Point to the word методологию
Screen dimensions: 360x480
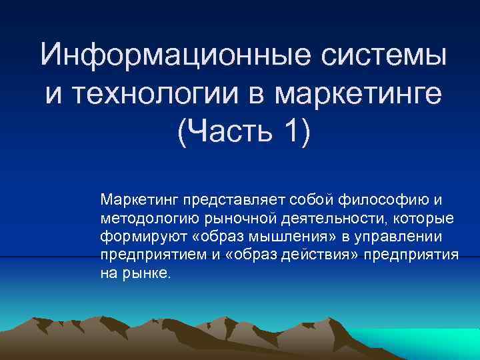click(147, 217)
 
